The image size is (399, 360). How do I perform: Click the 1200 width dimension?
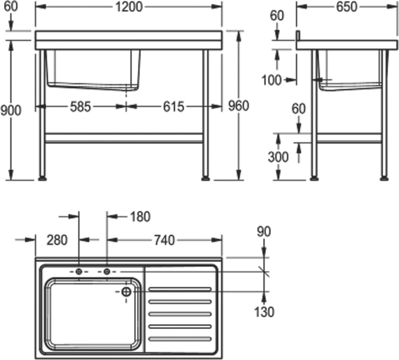point(128,7)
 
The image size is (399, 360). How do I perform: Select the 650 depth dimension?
point(346,7)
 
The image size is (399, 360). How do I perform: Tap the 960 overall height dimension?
point(238,106)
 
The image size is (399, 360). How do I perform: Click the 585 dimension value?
point(81,107)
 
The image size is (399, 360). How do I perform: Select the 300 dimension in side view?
point(278,157)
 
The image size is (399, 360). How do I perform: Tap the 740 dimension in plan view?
point(164,240)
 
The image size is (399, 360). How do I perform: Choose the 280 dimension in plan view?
point(57,240)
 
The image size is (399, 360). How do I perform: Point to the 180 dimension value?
point(139,217)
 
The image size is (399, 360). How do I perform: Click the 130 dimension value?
point(264,312)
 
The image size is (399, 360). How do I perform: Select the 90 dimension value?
point(264,231)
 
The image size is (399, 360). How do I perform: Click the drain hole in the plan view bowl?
point(126,292)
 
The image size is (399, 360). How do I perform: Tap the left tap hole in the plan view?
point(79,271)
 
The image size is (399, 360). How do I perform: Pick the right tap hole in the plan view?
point(107,271)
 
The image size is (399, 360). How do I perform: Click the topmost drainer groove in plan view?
point(180,289)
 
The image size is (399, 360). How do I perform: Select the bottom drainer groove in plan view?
point(180,339)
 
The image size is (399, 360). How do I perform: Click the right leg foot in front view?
point(206,178)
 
